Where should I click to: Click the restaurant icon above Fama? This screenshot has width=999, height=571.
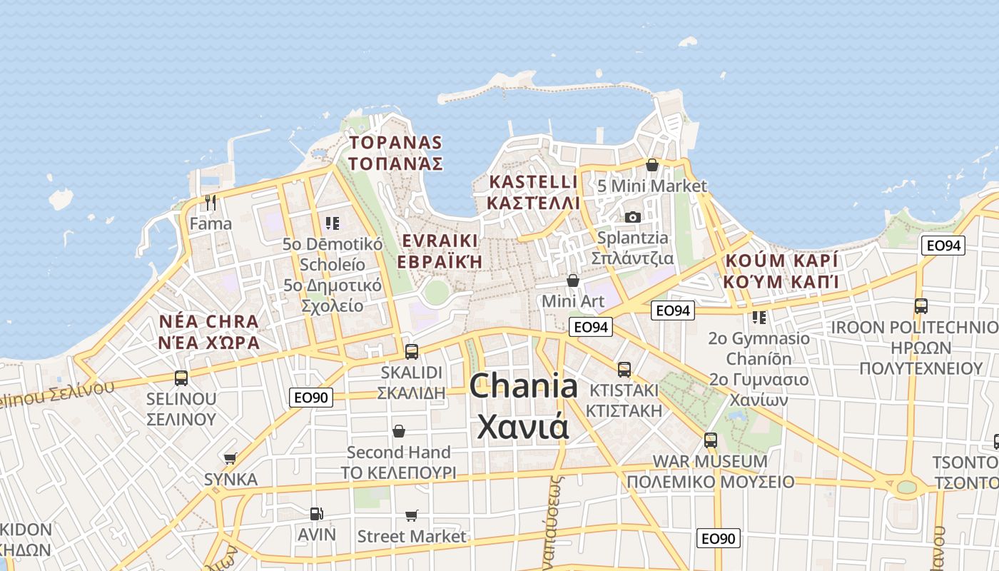pos(210,203)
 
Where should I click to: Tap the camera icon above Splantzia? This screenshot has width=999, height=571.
pos(632,217)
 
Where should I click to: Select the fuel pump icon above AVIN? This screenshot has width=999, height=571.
pos(315,513)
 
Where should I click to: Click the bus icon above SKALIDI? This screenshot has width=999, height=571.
pos(412,351)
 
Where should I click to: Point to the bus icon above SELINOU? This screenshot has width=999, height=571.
pos(181,378)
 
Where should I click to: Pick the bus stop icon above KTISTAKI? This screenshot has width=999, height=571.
pos(624,369)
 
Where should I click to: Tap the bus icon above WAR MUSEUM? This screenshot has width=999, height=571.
pos(710,440)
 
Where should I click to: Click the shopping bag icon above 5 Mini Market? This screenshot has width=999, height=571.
pos(652,165)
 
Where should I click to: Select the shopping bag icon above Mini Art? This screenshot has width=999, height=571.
pos(572,281)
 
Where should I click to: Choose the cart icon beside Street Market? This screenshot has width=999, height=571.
pos(412,515)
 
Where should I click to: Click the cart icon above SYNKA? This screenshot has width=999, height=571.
pos(230,458)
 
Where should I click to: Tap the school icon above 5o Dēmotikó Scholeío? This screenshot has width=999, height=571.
pos(332,223)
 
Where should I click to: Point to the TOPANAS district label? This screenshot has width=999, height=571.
pos(395,143)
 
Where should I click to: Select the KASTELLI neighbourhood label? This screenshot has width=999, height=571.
pos(533,181)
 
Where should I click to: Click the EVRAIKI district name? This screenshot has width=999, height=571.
pos(440,240)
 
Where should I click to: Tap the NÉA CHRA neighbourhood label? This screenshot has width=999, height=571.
pos(209,321)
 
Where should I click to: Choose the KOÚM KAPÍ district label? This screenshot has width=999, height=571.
pos(781,260)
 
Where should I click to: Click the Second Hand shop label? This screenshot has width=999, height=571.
pos(398,453)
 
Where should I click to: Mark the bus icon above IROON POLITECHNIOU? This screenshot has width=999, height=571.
pos(921,306)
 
